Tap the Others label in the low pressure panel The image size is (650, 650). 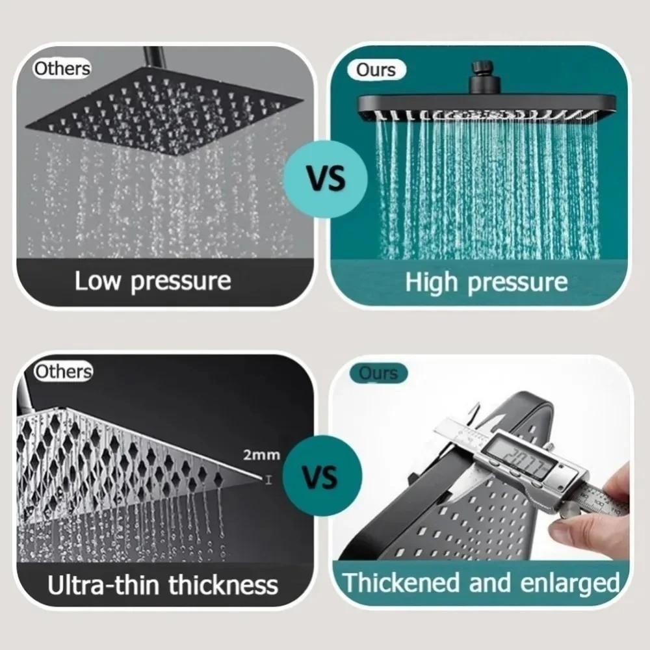[x=62, y=68]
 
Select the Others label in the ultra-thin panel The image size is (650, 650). [x=63, y=372]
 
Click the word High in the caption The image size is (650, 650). [x=432, y=282]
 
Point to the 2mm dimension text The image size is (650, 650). [x=261, y=454]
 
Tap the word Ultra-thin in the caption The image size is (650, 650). [x=105, y=584]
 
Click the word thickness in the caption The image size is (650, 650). [x=223, y=584]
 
